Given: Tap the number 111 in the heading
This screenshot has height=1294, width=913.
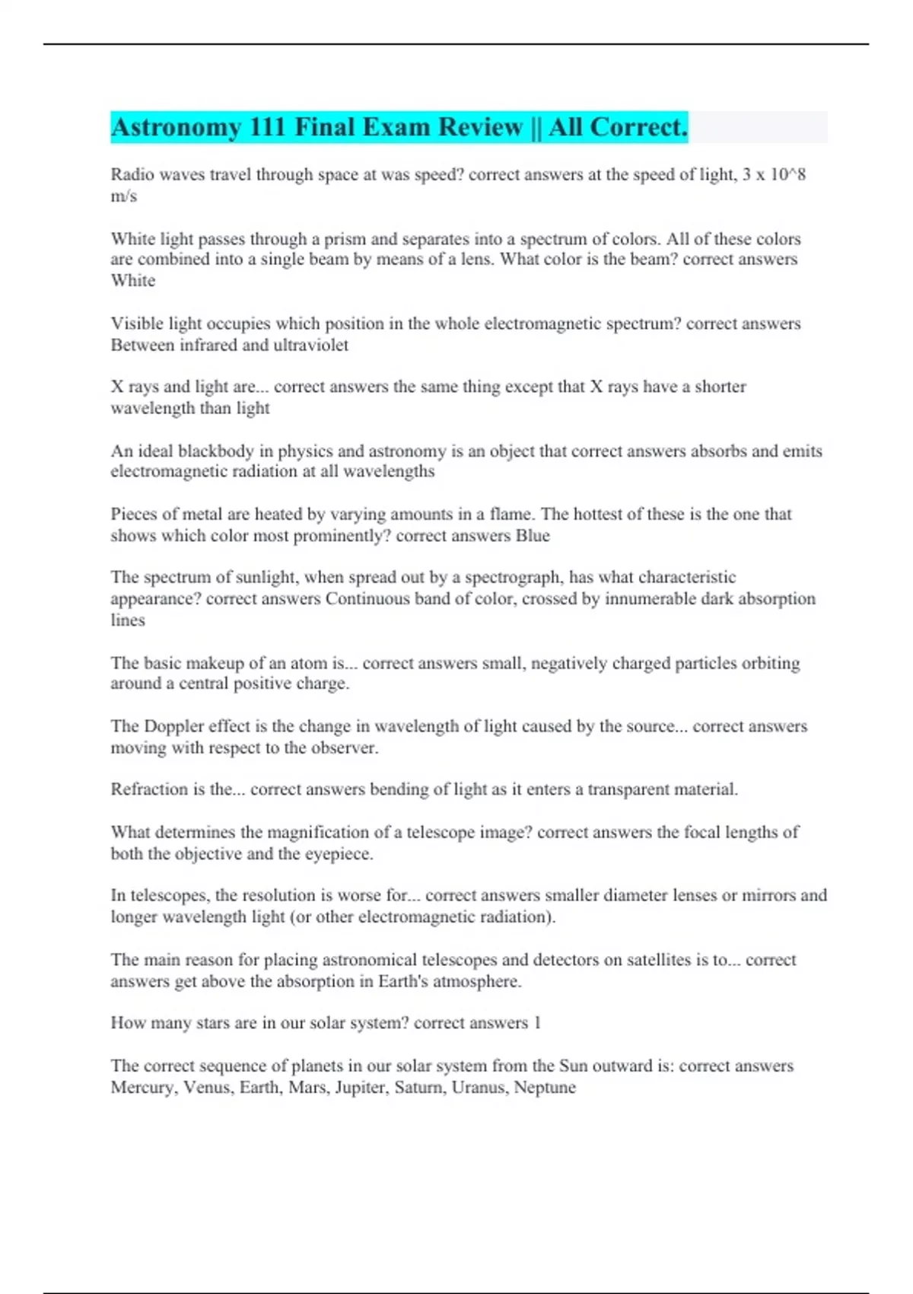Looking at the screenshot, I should click(267, 127).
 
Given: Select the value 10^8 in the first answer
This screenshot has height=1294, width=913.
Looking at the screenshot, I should click(788, 174).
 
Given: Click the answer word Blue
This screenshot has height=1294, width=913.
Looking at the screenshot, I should click(533, 535).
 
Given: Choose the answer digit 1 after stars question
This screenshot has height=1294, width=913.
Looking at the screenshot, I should click(537, 1023).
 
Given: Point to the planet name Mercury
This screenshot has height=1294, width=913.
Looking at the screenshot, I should click(144, 1087).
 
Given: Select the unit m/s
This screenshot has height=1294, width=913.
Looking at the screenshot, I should click(123, 196).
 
